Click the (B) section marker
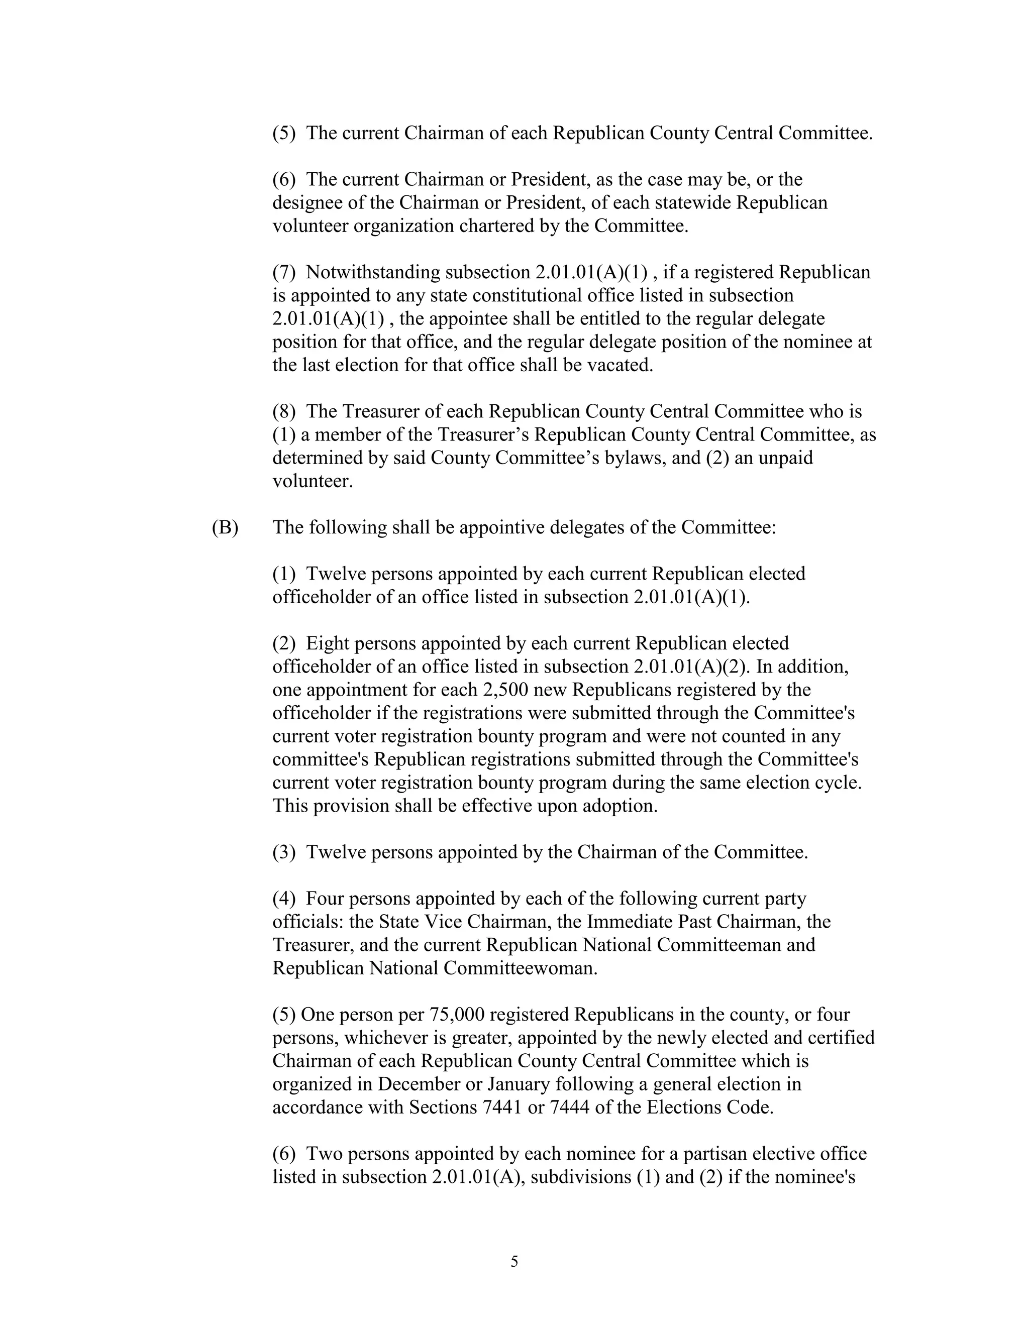[x=225, y=528]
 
